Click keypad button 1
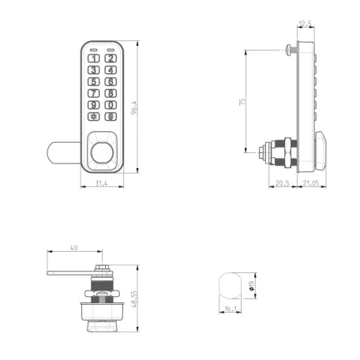click(x=95, y=58)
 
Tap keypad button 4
click(x=111, y=70)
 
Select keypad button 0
click(x=111, y=105)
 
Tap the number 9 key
click(x=95, y=105)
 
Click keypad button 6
click(x=111, y=81)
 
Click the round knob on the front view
click(x=103, y=152)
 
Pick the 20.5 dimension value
click(x=283, y=184)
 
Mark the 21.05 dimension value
click(x=309, y=184)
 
